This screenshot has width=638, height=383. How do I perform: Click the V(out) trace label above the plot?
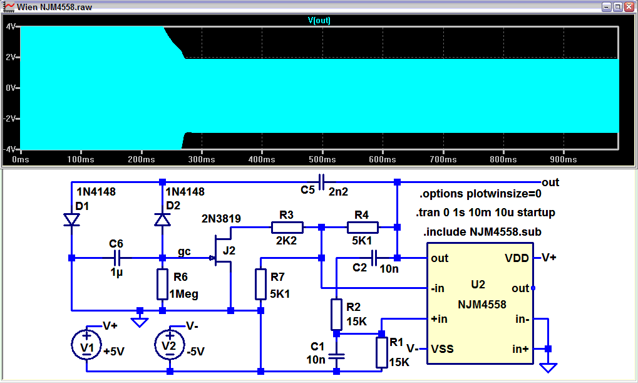319,20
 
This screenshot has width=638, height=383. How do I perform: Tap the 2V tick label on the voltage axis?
10,57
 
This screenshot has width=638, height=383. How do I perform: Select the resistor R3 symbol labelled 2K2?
287,227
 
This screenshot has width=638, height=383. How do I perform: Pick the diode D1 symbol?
71,219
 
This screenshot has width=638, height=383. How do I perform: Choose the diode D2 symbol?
162,219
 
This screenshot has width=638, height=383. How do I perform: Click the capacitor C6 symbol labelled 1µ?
116,258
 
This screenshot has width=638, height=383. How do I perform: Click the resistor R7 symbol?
260,284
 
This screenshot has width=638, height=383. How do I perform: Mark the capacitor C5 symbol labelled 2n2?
321,182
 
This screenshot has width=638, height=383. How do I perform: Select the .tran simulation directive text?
485,212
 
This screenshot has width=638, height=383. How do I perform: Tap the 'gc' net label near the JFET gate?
185,251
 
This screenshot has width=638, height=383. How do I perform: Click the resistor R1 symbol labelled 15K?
381,352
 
